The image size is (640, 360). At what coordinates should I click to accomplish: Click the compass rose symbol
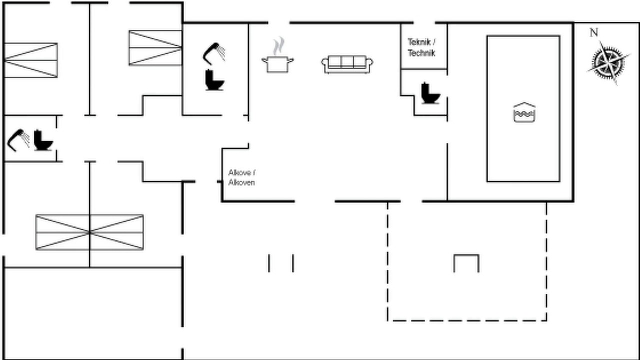[609, 62]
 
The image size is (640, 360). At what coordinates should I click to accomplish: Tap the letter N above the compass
[594, 33]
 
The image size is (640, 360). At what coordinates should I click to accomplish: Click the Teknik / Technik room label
[422, 47]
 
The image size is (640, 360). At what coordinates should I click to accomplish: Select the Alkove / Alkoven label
[242, 177]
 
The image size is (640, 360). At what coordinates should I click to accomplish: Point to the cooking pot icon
[278, 64]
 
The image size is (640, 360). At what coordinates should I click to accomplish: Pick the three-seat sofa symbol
[347, 64]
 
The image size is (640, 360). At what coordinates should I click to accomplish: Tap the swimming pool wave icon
[524, 113]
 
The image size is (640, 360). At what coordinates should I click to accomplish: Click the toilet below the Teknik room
[429, 93]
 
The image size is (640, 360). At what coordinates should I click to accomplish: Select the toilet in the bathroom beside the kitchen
[215, 80]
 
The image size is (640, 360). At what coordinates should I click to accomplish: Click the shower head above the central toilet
[214, 52]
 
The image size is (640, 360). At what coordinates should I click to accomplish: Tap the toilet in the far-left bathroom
[43, 140]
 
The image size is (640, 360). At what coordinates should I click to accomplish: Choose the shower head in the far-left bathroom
[18, 139]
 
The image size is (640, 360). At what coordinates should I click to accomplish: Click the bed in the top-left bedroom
[31, 60]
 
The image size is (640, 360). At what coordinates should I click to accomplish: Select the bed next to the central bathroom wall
[155, 48]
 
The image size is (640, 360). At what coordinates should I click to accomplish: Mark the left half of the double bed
[63, 232]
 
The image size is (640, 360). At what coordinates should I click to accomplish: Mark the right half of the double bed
[116, 232]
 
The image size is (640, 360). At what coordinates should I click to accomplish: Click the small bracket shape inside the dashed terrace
[466, 263]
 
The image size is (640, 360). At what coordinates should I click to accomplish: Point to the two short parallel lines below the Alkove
[281, 263]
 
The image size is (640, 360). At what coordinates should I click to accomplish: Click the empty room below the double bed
[92, 312]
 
